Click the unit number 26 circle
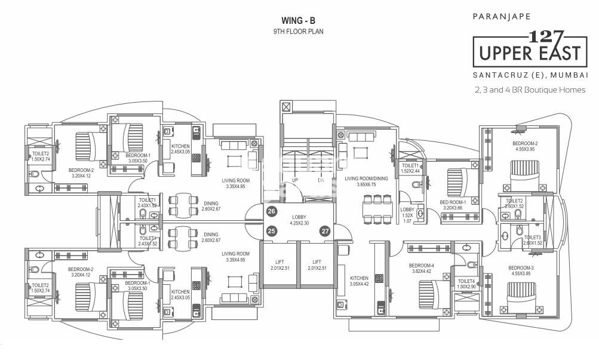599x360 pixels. (271, 211)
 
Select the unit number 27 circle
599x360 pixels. (324, 231)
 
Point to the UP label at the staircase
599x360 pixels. (295, 180)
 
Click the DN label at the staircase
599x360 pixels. (321, 180)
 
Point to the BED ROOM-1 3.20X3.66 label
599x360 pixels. (456, 205)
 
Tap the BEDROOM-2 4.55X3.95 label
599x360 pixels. (524, 146)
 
